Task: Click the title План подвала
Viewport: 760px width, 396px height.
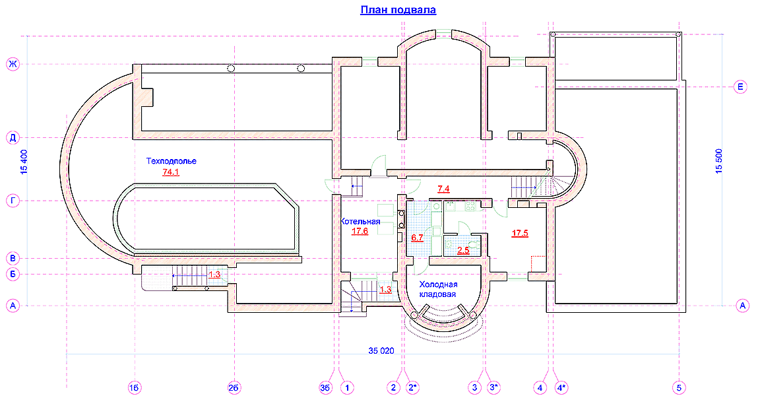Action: pos(398,10)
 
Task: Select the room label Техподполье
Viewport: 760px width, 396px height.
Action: pos(172,161)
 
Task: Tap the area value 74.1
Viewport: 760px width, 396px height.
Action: pos(171,172)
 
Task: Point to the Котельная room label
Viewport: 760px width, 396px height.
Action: pos(360,222)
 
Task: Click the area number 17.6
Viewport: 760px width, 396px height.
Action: pos(360,231)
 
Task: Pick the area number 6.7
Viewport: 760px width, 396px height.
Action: pos(418,238)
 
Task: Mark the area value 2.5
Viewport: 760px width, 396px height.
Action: pos(463,251)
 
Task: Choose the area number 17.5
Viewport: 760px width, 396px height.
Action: pos(520,233)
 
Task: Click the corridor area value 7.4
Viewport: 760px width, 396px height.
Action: pos(443,189)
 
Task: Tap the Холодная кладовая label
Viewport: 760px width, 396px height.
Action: pos(438,289)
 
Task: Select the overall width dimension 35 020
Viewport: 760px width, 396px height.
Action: pos(381,350)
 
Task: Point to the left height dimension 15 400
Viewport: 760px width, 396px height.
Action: pos(24,162)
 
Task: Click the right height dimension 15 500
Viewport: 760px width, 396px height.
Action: pos(719,160)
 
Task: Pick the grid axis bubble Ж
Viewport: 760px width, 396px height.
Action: pos(13,64)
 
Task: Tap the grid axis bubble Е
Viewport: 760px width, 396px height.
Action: pos(741,87)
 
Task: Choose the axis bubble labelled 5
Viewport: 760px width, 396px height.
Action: pos(679,387)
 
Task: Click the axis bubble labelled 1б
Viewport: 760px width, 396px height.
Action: pos(135,387)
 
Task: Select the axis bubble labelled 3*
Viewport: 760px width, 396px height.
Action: pos(494,387)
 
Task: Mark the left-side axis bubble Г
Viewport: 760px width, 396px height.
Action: pos(13,201)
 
